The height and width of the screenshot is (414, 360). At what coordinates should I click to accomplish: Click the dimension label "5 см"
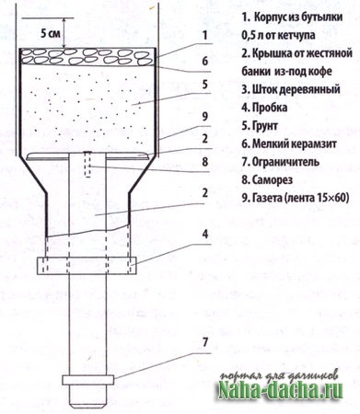[51, 33]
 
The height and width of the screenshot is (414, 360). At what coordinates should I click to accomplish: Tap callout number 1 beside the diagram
[204, 35]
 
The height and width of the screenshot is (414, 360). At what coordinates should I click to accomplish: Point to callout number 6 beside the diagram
[205, 61]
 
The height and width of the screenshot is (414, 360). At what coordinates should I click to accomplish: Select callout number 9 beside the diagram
[205, 117]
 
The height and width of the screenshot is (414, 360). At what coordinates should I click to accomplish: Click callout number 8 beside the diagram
[205, 162]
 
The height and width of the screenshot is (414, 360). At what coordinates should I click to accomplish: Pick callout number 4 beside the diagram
[205, 235]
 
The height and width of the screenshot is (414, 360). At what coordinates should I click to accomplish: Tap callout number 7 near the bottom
[205, 342]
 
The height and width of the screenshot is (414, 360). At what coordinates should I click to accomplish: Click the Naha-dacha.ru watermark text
[280, 391]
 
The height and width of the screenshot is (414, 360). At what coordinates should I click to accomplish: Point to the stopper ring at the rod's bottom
[88, 380]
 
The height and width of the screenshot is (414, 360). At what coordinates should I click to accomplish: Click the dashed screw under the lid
[88, 164]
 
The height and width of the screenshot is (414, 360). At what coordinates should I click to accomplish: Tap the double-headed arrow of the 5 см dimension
[64, 33]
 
